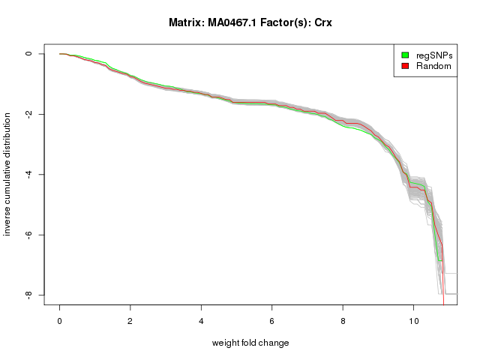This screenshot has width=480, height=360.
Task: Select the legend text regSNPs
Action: point(433,55)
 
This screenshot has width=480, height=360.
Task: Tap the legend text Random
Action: point(433,66)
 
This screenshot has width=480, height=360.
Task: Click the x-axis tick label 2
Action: point(130,319)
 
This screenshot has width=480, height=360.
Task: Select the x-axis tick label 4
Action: point(201,319)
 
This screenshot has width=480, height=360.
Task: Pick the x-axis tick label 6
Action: point(272,319)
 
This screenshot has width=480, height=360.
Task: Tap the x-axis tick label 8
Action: point(343,319)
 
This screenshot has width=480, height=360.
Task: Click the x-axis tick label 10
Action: point(413,319)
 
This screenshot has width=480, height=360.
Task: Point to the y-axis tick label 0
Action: point(28,54)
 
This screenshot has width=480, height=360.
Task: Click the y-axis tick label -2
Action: point(28,114)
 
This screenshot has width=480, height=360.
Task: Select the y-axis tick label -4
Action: point(28,175)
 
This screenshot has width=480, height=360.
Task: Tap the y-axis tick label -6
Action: point(28,235)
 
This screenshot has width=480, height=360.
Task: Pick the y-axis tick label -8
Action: point(28,295)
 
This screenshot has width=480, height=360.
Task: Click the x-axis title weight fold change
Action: point(250,343)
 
